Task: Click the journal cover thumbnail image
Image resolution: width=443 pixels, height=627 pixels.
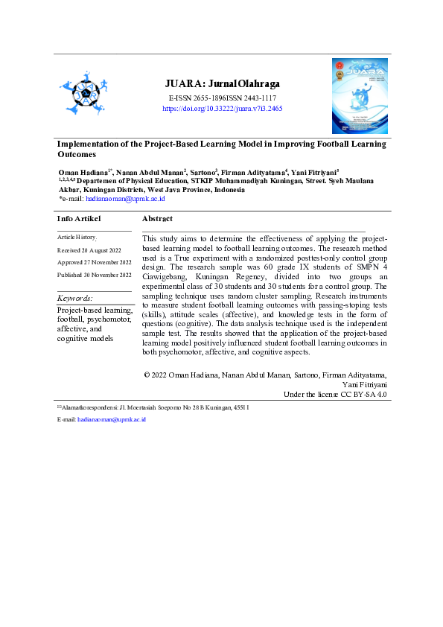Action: (360, 95)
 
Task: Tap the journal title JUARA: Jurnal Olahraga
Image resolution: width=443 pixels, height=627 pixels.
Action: (222, 84)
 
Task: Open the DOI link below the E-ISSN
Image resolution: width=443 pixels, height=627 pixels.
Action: (222, 108)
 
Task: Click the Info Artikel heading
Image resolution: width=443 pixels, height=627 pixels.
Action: (79, 218)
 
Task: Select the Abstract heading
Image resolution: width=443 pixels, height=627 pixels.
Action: (157, 218)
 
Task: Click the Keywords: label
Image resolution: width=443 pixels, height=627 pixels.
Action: (75, 299)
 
